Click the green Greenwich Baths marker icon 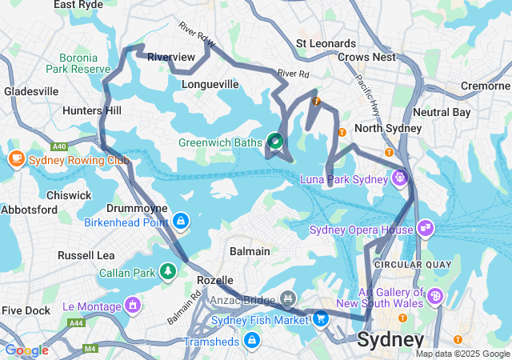(x=275, y=142)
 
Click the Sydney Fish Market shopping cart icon (x=320, y=318)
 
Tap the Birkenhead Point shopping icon (x=181, y=220)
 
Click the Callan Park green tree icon (x=168, y=272)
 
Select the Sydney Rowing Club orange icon (x=16, y=158)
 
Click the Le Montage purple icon (x=131, y=305)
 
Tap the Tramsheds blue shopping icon (x=252, y=341)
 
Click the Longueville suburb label (x=210, y=84)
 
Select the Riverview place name (x=170, y=58)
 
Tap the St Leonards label (x=326, y=43)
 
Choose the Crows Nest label (x=366, y=58)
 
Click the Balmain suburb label (x=249, y=251)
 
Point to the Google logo (x=26, y=350)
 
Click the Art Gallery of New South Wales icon (x=435, y=297)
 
